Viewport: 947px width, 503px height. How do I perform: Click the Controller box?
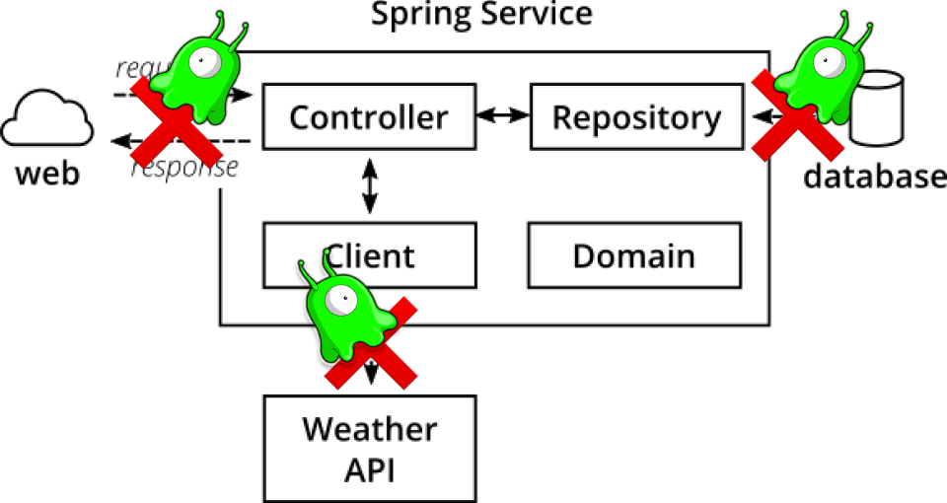[367, 117]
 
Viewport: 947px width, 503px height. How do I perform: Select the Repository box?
[636, 117]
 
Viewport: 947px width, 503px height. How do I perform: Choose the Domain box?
[633, 255]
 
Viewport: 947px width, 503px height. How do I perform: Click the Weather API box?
[369, 449]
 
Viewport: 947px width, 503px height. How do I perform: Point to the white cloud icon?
[46, 119]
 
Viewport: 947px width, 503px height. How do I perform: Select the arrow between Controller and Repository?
[502, 115]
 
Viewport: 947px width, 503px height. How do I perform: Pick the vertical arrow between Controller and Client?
[370, 188]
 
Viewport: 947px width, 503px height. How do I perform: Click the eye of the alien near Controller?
[206, 62]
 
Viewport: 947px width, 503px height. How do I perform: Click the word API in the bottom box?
[369, 469]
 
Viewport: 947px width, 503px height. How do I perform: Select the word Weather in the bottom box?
[369, 429]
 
